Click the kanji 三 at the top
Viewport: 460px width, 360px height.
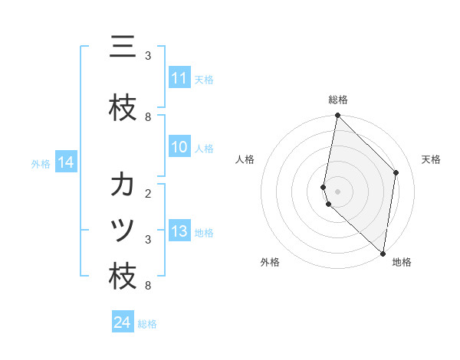(x=123, y=47)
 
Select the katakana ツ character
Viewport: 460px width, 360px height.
(x=123, y=231)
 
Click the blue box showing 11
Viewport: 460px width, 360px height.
(x=179, y=78)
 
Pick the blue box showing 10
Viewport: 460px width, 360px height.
(x=179, y=148)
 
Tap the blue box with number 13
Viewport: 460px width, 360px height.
(x=179, y=232)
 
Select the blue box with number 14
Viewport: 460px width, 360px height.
(x=66, y=162)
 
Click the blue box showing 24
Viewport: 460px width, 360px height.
(x=122, y=323)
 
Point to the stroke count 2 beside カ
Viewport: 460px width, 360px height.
(x=148, y=193)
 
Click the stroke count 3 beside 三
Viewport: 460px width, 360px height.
(x=148, y=56)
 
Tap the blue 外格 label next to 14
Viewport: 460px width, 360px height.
(x=41, y=163)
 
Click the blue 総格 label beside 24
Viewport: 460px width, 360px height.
(x=147, y=324)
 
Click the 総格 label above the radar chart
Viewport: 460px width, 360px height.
(x=338, y=100)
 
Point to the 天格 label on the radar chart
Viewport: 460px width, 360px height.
(x=432, y=159)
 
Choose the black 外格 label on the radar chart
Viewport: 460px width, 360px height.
(x=270, y=262)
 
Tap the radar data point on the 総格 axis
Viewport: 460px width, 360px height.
(x=337, y=116)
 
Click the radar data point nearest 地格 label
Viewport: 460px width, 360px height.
(x=383, y=253)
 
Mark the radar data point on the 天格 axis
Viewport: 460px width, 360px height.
(x=396, y=172)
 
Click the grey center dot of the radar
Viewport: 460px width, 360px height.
(x=337, y=191)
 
